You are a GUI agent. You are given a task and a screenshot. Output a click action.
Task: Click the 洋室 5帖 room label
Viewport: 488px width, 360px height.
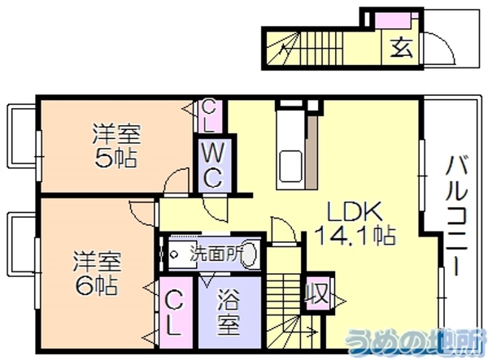pos(115,145)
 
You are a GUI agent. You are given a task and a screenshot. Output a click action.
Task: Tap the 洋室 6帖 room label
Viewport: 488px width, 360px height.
pos(97,273)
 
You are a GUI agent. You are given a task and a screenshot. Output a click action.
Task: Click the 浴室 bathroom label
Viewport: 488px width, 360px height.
pos(229,312)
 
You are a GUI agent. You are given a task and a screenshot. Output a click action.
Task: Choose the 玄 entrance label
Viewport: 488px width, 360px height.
pos(402,48)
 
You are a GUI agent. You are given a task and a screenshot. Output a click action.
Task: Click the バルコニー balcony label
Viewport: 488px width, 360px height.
pos(456,215)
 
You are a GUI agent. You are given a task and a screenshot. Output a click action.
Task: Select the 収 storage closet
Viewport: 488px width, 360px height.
pos(317,293)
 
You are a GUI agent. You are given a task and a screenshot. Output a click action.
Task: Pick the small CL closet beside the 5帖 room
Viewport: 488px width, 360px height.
pos(208,116)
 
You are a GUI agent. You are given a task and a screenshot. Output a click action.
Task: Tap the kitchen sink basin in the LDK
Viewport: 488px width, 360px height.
pos(290,167)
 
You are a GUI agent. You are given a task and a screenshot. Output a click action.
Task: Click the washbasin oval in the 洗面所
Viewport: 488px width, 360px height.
pos(251,254)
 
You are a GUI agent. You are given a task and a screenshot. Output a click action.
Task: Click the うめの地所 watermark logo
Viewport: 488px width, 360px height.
pos(416,341)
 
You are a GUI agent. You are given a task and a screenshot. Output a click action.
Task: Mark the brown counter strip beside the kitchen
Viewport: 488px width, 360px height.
pos(312,152)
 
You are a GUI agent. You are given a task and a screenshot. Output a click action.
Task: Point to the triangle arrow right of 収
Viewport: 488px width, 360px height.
pos(339,301)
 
